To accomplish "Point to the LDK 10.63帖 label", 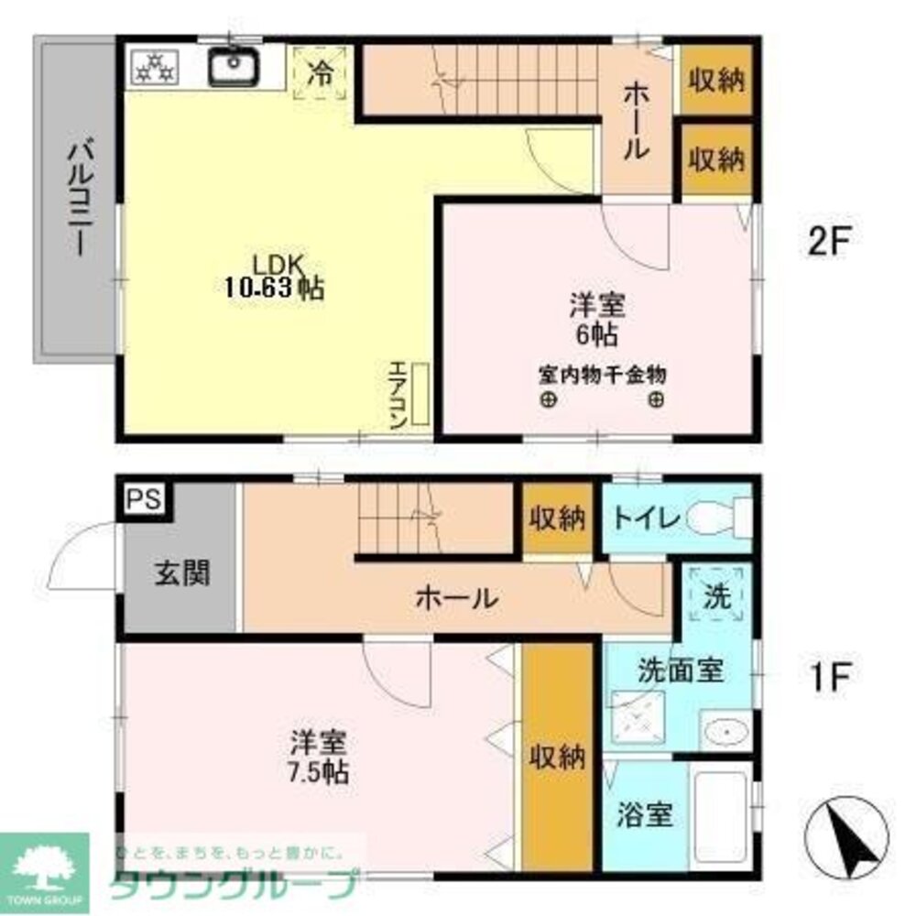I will pyautogui.click(x=273, y=276).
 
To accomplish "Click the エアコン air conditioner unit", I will pyautogui.click(x=420, y=394).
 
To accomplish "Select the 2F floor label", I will pyautogui.click(x=830, y=243).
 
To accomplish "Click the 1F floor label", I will pyautogui.click(x=830, y=679).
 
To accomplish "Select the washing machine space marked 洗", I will pyautogui.click(x=717, y=598).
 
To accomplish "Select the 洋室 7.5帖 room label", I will pyautogui.click(x=318, y=756).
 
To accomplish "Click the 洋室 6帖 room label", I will pyautogui.click(x=595, y=318).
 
